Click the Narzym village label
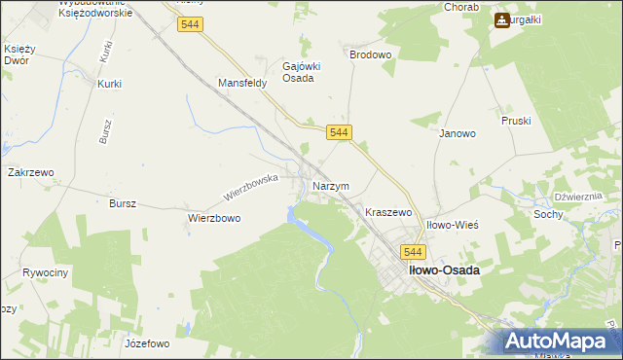pyautogui.click(x=330, y=186)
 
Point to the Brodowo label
pyautogui.click(x=370, y=55)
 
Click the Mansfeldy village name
pyautogui.click(x=242, y=84)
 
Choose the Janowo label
pyautogui.click(x=457, y=133)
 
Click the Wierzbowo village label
pyautogui.click(x=214, y=219)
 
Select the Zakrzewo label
pyautogui.click(x=30, y=172)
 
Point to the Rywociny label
pyautogui.click(x=45, y=272)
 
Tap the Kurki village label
pyautogui.click(x=109, y=84)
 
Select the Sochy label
pyautogui.click(x=548, y=213)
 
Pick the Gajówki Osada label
pyautogui.click(x=298, y=71)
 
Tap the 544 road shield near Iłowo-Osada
pyautogui.click(x=409, y=251)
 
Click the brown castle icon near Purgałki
pyautogui.click(x=502, y=18)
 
